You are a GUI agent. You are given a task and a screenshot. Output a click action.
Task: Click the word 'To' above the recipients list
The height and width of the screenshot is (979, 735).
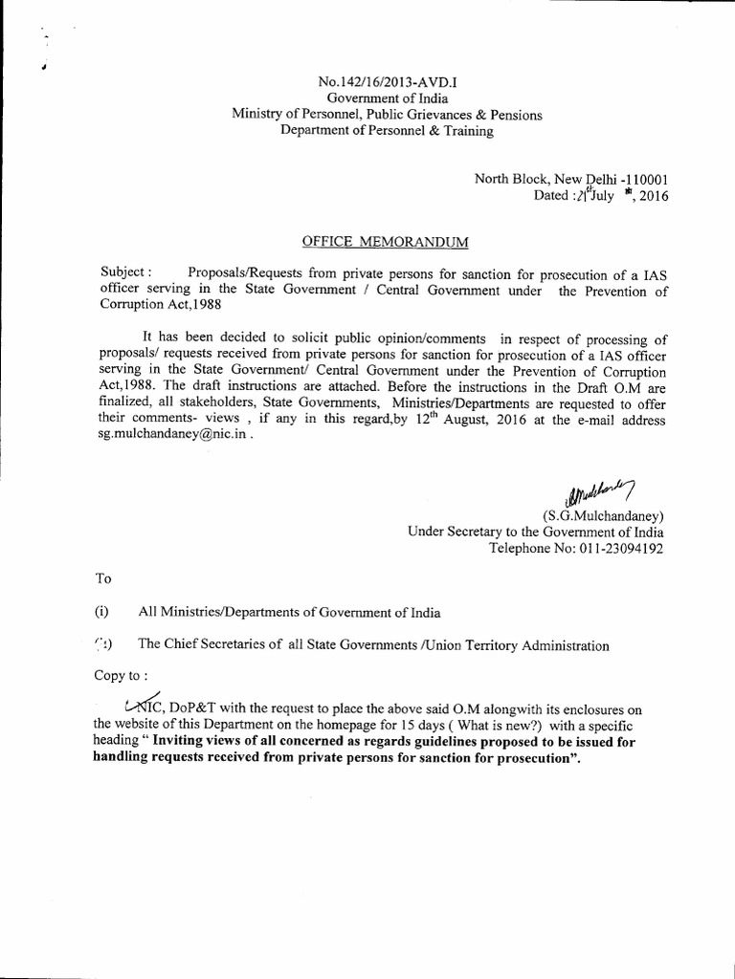coord(105,579)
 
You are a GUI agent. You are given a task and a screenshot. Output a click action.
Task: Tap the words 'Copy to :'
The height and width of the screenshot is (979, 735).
coord(121,674)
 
